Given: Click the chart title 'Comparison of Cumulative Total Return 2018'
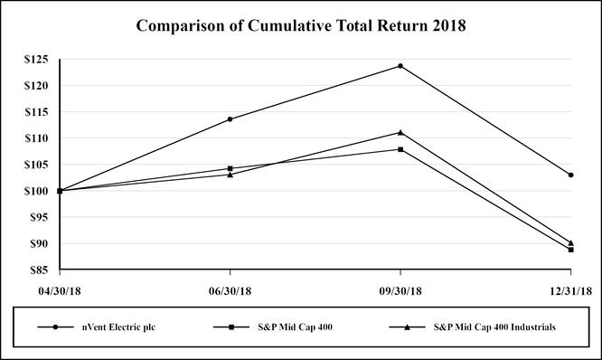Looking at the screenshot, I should (300, 25).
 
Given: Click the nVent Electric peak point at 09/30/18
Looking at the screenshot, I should (400, 66).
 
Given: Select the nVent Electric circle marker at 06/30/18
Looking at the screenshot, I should (230, 119).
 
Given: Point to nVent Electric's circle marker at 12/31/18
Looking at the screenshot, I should (571, 175).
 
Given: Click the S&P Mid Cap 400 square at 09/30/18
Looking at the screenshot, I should (400, 149).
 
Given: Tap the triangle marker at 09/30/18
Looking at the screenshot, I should (400, 132).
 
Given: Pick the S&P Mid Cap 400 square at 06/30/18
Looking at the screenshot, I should (230, 168).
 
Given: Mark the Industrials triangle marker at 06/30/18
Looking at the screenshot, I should (230, 175).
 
